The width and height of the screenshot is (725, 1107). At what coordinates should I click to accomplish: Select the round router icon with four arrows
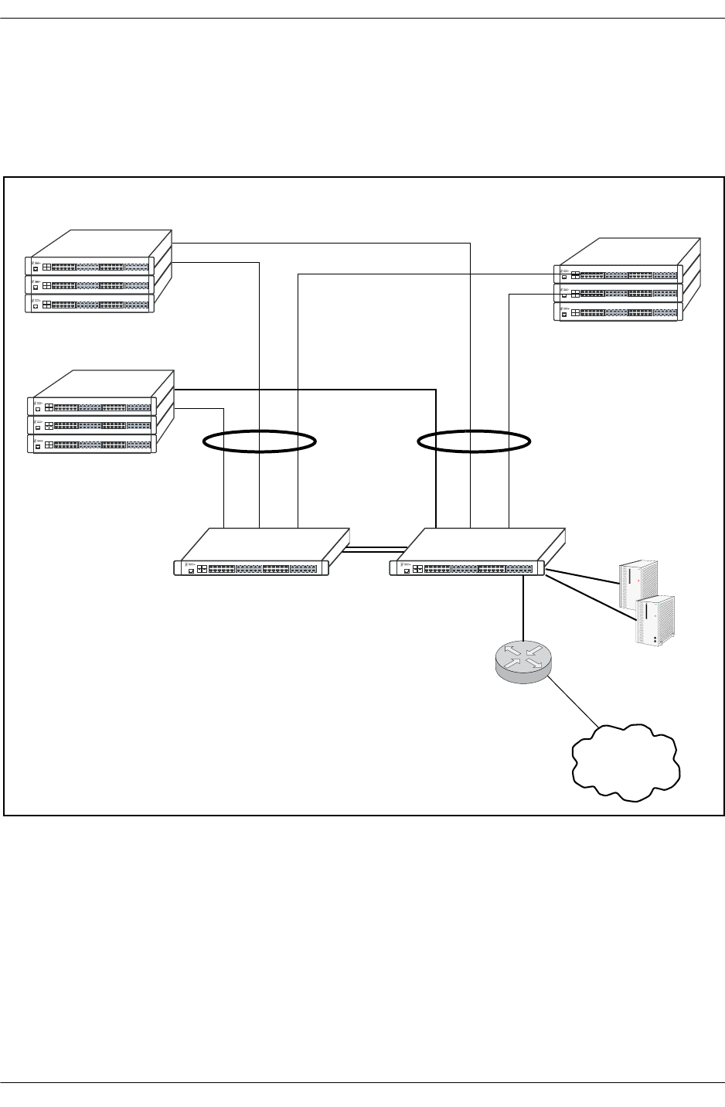(522, 662)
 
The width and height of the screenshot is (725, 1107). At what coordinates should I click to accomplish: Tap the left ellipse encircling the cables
(260, 441)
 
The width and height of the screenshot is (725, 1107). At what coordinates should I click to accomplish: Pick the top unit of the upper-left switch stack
(90, 265)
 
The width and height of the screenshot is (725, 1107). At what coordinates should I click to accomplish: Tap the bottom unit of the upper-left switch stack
(90, 304)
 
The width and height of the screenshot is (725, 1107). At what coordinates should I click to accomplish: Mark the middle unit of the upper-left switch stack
(90, 284)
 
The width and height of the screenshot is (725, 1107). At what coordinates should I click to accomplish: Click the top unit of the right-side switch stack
(618, 274)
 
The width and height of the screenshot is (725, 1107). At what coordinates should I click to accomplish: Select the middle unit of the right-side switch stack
(618, 293)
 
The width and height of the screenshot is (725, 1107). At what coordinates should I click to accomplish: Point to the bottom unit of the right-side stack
(618, 312)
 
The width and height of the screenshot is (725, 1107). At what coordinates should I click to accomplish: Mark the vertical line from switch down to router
(523, 608)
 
